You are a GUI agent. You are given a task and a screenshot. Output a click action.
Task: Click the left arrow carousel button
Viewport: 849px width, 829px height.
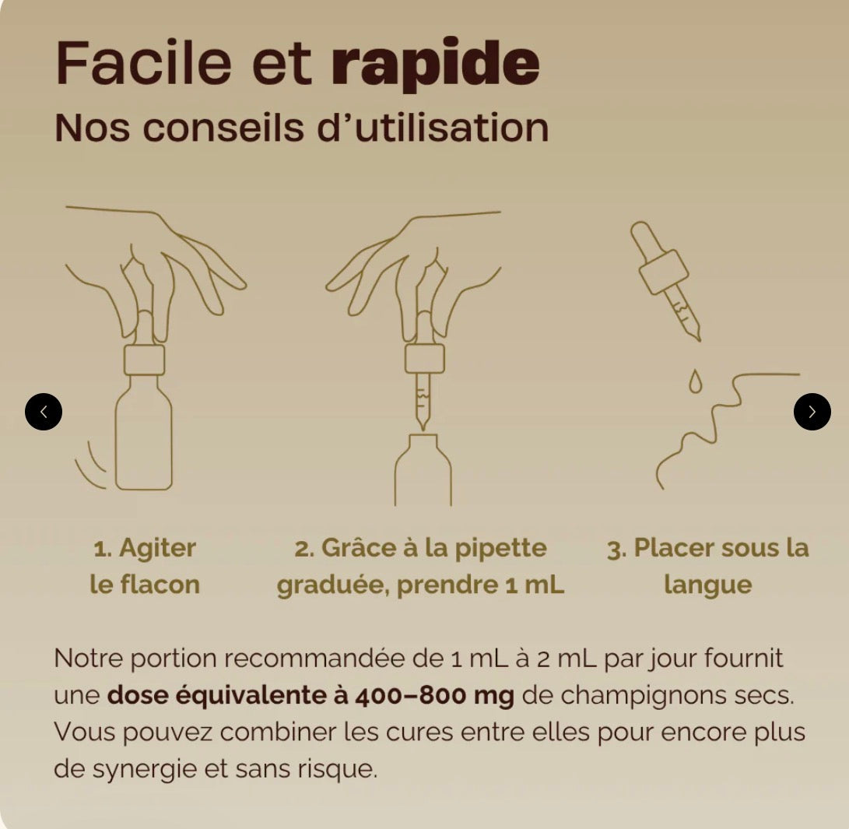44,412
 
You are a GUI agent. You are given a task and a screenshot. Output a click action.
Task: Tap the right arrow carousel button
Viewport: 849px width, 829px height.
812,412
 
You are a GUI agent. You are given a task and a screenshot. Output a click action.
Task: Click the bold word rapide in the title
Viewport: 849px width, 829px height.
435,64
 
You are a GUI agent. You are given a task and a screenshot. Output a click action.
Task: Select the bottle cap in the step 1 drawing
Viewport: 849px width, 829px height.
144,360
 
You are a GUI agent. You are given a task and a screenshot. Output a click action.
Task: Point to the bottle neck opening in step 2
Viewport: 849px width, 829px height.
423,441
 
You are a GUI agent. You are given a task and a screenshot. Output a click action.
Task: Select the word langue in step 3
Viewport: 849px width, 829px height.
707,585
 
